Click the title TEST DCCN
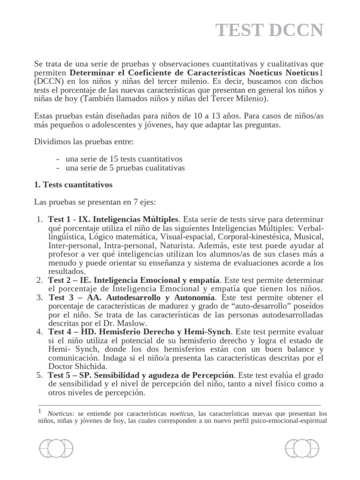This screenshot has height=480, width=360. click(x=270, y=30)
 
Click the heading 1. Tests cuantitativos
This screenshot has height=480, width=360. click(x=74, y=185)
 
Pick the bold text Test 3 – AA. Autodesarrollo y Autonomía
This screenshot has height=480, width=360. click(x=132, y=297)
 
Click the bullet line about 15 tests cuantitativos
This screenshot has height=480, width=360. click(x=120, y=159)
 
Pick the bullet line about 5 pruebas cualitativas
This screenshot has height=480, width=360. click(x=120, y=167)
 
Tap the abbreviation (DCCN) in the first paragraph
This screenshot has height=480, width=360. click(x=49, y=82)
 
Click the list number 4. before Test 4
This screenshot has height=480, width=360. click(x=39, y=332)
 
